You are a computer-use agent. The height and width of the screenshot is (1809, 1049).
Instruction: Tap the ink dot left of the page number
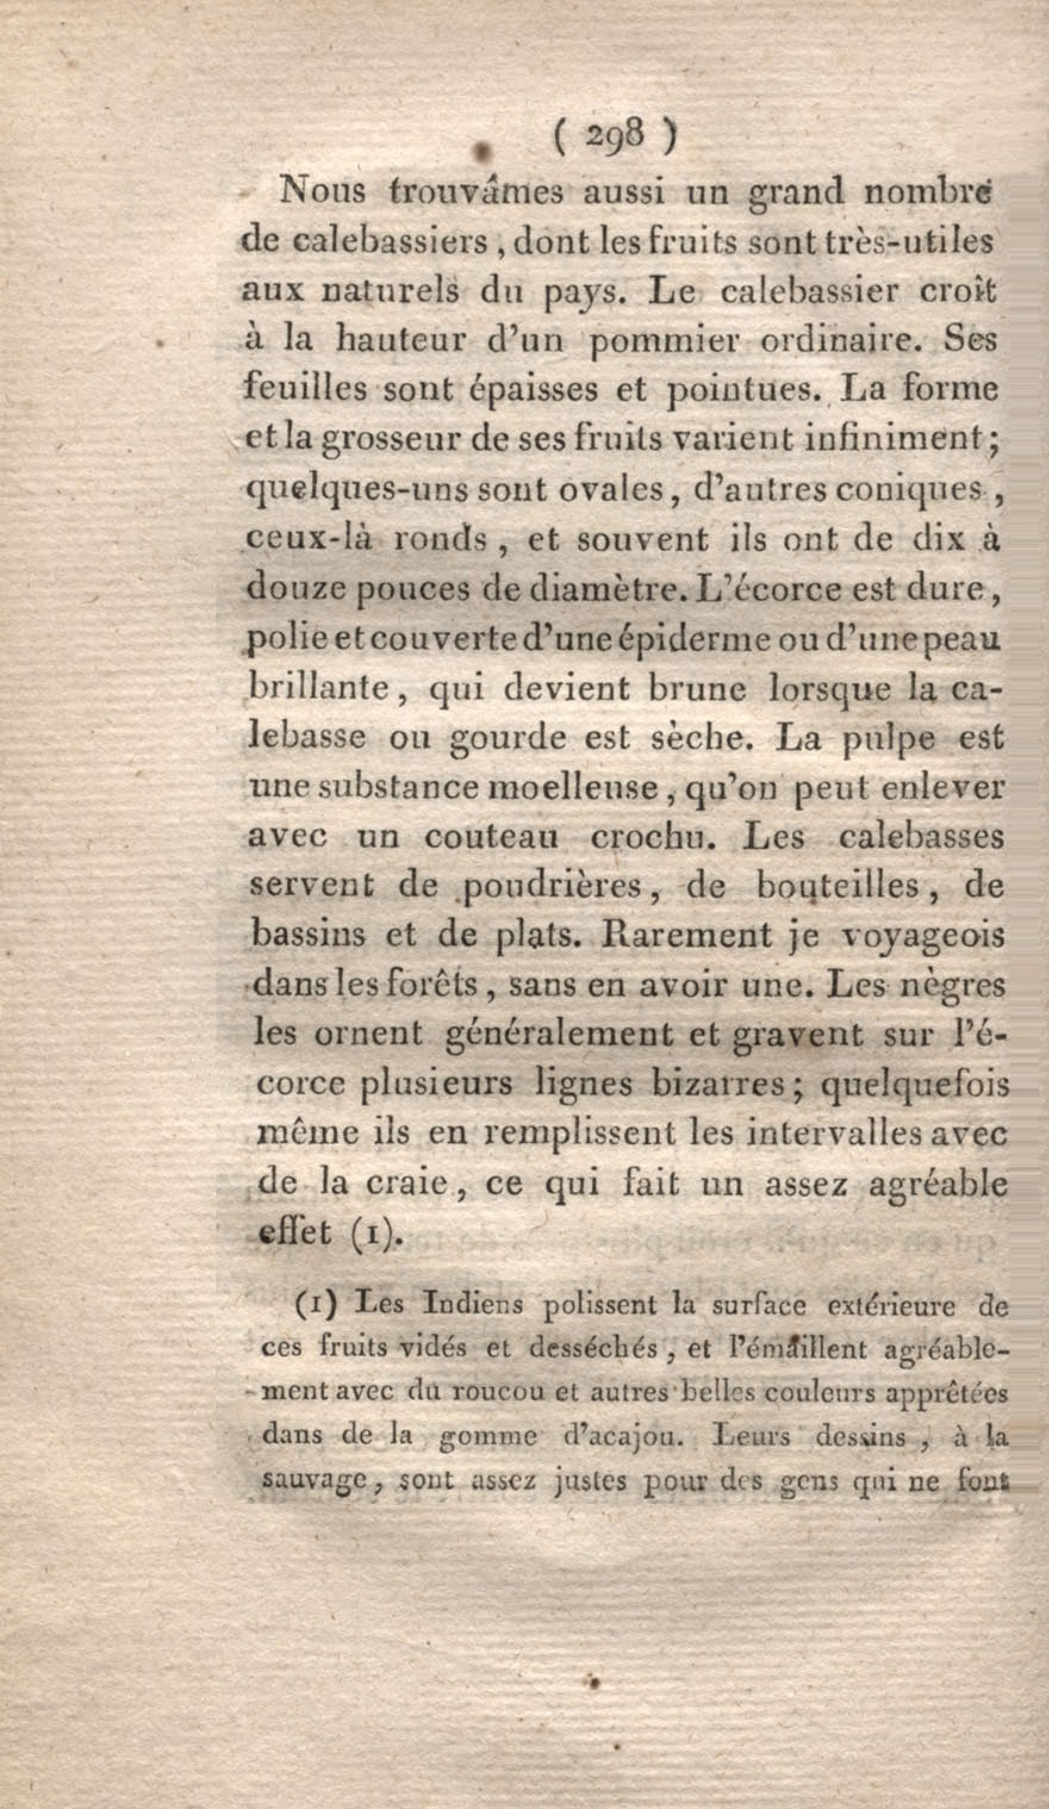pyautogui.click(x=483, y=148)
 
